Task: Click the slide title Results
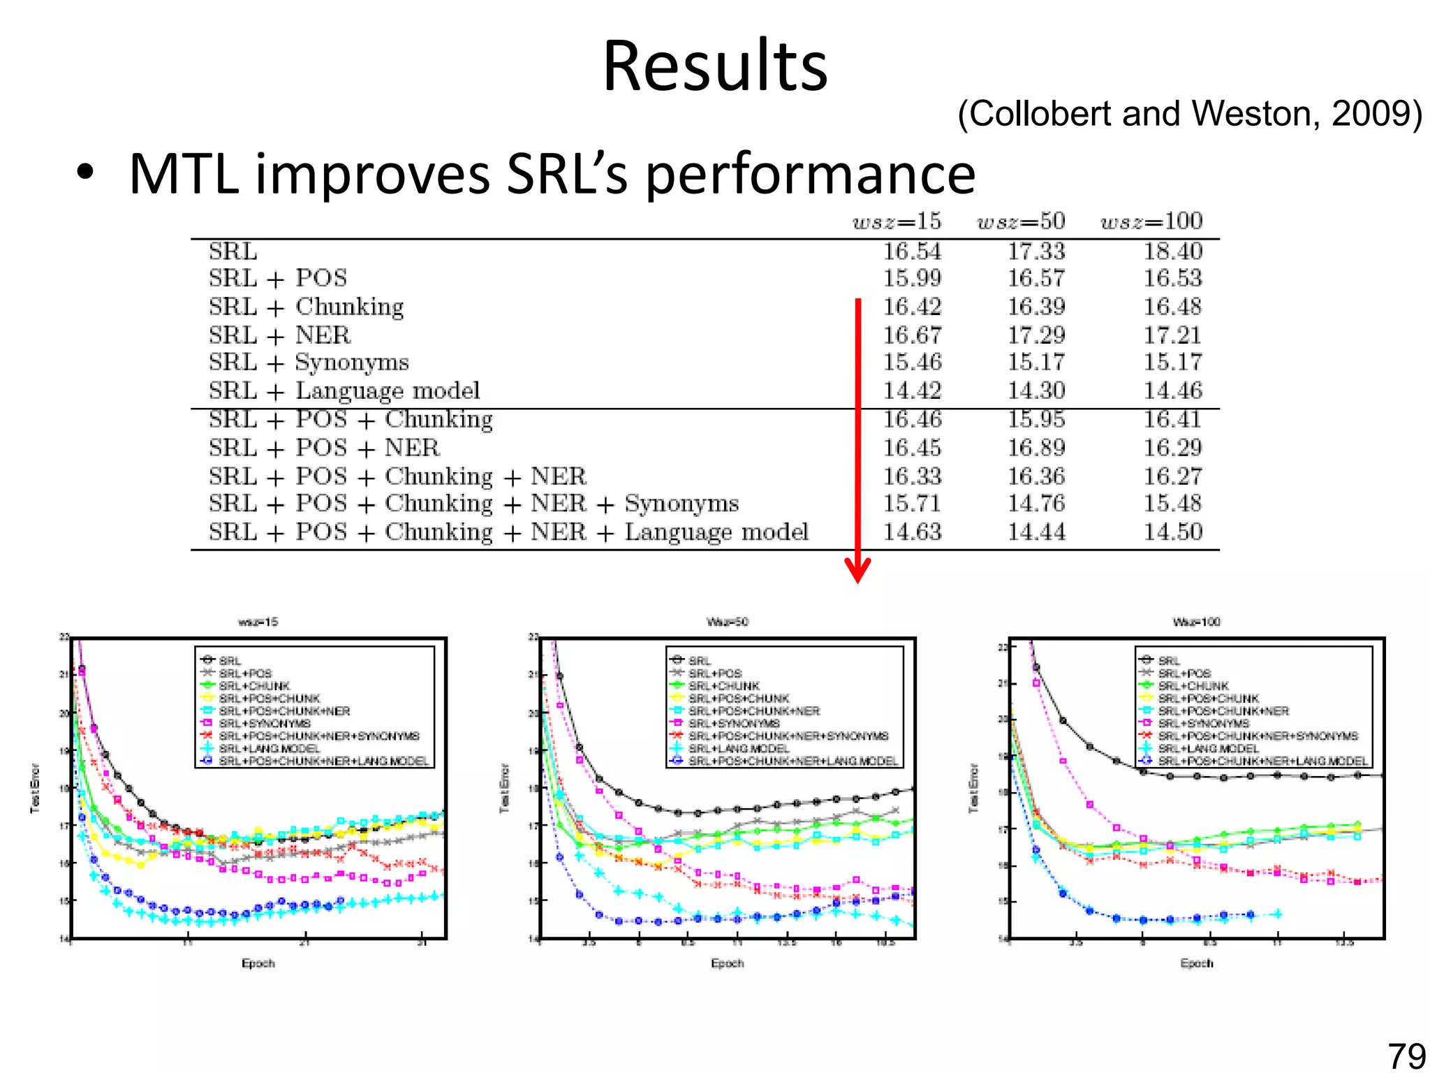pyautogui.click(x=715, y=66)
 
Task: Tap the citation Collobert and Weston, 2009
pyautogui.click(x=1189, y=114)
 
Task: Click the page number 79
pyautogui.click(x=1406, y=1055)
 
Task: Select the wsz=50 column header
pyautogui.click(x=1021, y=221)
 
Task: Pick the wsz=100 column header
pyautogui.click(x=1151, y=221)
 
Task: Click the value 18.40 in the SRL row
pyautogui.click(x=1172, y=251)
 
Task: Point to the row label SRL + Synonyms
pyautogui.click(x=309, y=363)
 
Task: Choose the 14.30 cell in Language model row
pyautogui.click(x=1036, y=390)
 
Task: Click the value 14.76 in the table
pyautogui.click(x=1036, y=504)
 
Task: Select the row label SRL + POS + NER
pyautogui.click(x=324, y=448)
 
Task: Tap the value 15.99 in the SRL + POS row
pyautogui.click(x=912, y=279)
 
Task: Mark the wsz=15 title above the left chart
pyautogui.click(x=258, y=622)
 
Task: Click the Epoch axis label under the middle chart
pyautogui.click(x=727, y=963)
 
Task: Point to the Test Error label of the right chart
pyautogui.click(x=974, y=788)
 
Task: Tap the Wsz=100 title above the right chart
pyautogui.click(x=1196, y=622)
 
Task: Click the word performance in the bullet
pyautogui.click(x=810, y=175)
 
